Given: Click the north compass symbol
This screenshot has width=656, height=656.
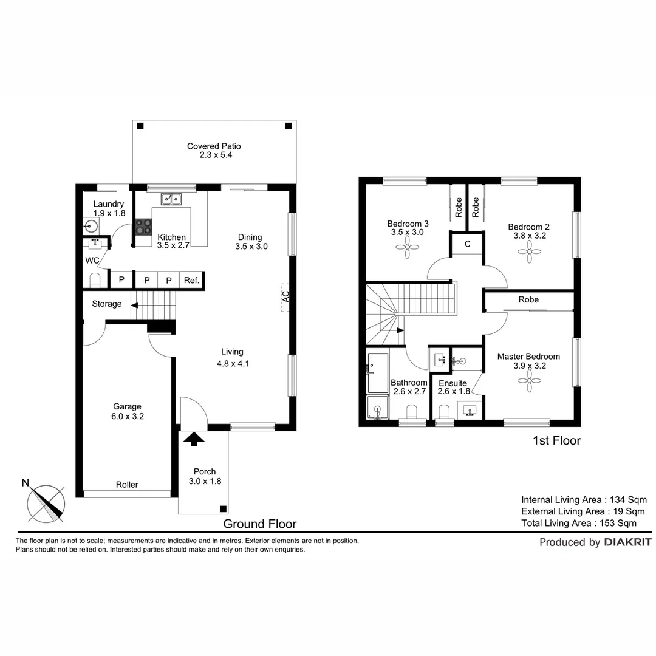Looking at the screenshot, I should click(46, 504).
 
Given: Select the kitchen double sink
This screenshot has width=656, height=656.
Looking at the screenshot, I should click(171, 199).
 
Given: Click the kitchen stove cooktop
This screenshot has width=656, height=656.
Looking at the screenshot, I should click(143, 227).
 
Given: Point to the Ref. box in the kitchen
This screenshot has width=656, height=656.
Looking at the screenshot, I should click(192, 280).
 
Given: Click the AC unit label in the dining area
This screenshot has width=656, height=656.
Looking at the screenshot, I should click(285, 297).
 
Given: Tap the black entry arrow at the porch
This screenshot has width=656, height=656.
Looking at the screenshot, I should click(194, 439).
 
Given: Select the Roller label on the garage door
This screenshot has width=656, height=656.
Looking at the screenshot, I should click(127, 485).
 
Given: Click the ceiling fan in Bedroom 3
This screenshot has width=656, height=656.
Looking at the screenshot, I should click(405, 247).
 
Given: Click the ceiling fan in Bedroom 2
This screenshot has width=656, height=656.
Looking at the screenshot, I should click(527, 250).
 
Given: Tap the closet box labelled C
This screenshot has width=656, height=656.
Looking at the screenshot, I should click(466, 244).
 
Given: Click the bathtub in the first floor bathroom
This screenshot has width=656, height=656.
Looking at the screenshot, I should click(377, 372).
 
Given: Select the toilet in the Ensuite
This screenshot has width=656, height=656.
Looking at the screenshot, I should click(443, 411).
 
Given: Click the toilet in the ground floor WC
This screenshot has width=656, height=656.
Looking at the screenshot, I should click(94, 281).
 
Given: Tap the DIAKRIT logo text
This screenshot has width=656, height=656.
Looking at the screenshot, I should click(627, 542).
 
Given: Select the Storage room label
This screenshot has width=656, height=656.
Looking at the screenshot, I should click(107, 304).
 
